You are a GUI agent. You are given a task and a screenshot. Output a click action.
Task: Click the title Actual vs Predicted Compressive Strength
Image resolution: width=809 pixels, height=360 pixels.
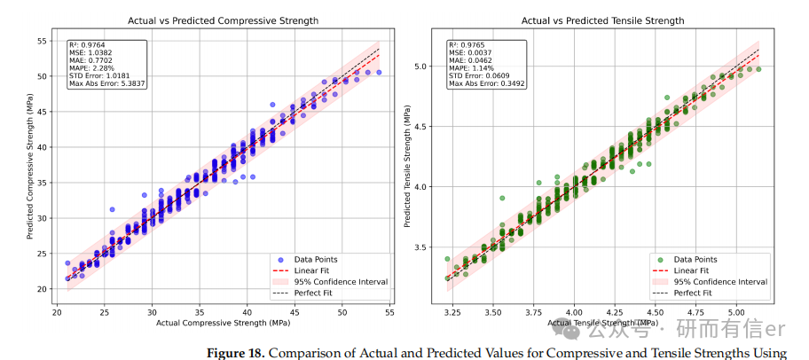coord(223,21)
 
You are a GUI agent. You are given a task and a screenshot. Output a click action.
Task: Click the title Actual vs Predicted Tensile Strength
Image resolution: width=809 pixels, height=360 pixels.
coord(602,21)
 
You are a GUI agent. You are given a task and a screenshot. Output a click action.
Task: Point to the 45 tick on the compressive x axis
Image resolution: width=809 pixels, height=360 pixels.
coord(295,313)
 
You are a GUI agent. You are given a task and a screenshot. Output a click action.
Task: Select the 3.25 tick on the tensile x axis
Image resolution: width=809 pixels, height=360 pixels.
coord(452,313)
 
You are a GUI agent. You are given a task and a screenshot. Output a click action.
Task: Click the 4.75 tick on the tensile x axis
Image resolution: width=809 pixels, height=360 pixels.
coord(696,313)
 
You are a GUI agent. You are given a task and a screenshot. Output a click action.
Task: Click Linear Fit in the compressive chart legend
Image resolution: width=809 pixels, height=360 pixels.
coord(311,270)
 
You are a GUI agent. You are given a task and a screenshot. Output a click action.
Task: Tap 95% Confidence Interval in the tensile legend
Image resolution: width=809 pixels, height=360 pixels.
coord(720,282)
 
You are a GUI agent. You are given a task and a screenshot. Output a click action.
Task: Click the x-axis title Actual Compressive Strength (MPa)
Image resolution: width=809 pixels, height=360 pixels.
coord(223,324)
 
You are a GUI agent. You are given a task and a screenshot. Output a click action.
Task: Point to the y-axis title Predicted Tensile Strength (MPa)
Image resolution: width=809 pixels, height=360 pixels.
coord(407,171)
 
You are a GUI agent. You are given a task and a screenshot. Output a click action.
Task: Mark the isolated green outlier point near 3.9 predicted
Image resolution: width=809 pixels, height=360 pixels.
coord(502,198)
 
